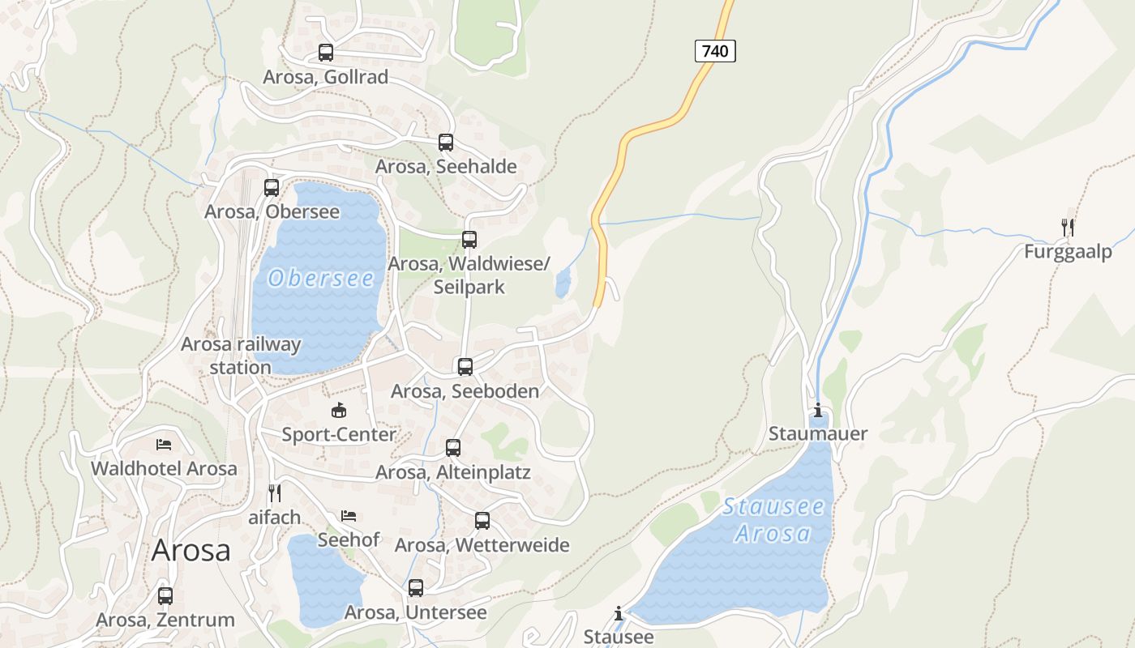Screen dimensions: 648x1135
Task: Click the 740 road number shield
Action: click(715, 51)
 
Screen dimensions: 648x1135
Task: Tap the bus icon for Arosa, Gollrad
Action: click(326, 53)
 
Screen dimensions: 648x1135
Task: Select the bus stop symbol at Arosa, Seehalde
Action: click(446, 143)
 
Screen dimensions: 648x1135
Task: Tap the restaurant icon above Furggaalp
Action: click(1068, 227)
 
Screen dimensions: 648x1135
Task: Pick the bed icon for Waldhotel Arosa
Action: click(164, 445)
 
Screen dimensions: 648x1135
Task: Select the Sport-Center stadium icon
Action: click(339, 411)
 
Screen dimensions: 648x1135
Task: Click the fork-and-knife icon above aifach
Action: click(275, 492)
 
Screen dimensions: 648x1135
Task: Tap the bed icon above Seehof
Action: click(349, 515)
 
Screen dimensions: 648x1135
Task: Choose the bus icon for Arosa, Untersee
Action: click(416, 588)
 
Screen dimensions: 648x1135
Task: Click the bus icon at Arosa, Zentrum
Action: click(165, 596)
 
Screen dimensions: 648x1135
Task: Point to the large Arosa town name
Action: click(191, 551)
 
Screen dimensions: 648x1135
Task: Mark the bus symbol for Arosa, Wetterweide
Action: click(482, 521)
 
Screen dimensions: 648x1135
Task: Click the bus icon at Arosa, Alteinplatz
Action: click(453, 448)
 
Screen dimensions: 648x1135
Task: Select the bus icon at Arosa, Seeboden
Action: click(465, 367)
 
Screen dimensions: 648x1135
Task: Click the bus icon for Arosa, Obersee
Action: click(272, 188)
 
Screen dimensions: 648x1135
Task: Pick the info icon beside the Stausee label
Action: click(619, 613)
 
